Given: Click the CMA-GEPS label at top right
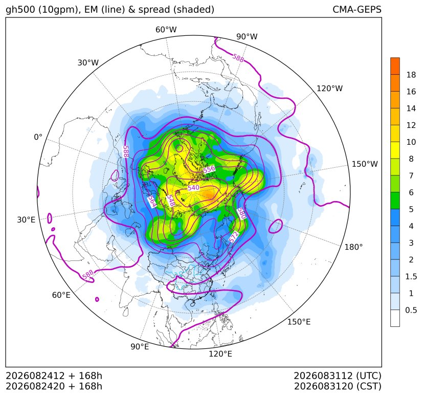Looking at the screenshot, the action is (x=357, y=9).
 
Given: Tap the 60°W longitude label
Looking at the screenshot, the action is (x=166, y=30).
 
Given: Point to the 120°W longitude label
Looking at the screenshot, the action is (x=329, y=89).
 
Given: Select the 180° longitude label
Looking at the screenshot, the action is (x=353, y=247).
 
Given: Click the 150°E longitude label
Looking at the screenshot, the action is (x=299, y=322).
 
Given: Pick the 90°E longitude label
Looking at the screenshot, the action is (x=140, y=346).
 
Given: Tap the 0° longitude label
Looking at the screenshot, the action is (x=38, y=137).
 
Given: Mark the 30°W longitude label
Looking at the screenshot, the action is (x=88, y=62).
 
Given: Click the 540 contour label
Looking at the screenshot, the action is (x=193, y=188).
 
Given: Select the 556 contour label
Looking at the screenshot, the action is (x=209, y=169).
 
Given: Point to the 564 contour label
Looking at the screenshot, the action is (x=152, y=201).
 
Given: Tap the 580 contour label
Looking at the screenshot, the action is (x=242, y=213).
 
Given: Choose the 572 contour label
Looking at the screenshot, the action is (x=234, y=237).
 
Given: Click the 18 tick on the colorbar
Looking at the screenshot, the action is (x=411, y=75).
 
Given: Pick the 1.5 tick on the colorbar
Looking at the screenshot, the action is (x=411, y=276).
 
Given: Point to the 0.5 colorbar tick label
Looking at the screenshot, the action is (x=411, y=310).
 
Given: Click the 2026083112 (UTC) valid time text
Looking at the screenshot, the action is (x=338, y=376).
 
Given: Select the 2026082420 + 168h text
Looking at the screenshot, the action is (x=54, y=386).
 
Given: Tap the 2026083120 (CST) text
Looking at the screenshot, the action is (x=338, y=386).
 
